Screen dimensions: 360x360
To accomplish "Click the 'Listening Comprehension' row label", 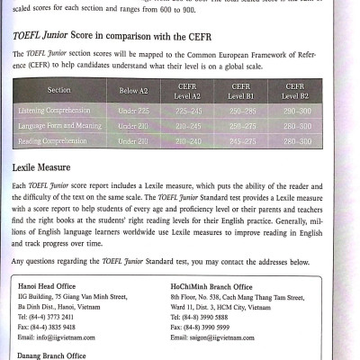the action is [x=60, y=111].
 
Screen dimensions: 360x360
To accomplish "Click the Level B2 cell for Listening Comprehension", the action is [x=295, y=111].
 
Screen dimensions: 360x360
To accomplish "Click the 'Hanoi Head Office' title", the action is [x=51, y=286].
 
